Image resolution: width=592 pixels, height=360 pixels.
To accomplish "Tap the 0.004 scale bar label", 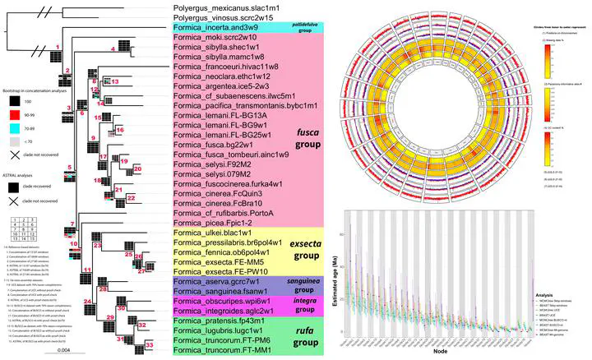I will [67, 351].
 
